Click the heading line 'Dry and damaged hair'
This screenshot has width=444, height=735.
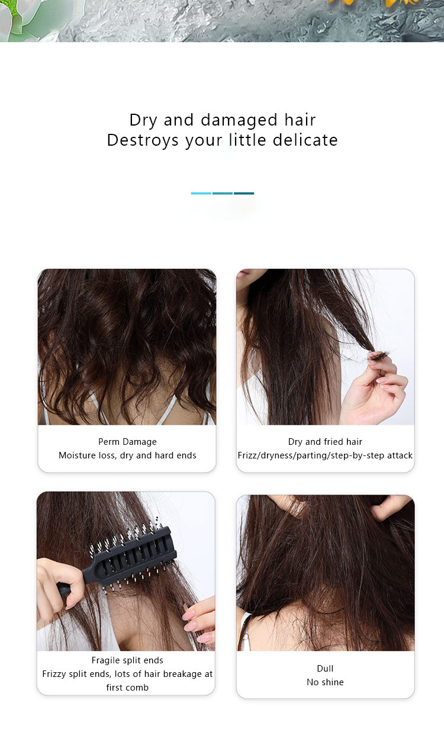(x=222, y=120)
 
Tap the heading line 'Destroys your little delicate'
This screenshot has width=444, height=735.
(x=222, y=140)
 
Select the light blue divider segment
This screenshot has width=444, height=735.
(x=201, y=193)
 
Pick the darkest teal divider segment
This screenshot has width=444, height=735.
(x=244, y=193)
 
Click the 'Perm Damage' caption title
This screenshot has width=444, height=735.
(x=127, y=442)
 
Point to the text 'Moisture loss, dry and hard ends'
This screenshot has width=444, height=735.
(x=127, y=455)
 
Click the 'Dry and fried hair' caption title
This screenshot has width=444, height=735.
(x=325, y=442)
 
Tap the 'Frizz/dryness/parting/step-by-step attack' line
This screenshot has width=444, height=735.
(x=325, y=455)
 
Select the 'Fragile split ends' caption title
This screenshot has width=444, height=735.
(x=127, y=660)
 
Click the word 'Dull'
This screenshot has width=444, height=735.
(x=325, y=669)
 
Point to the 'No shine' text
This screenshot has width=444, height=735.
(x=325, y=682)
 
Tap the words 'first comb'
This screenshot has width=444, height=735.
(x=127, y=688)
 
